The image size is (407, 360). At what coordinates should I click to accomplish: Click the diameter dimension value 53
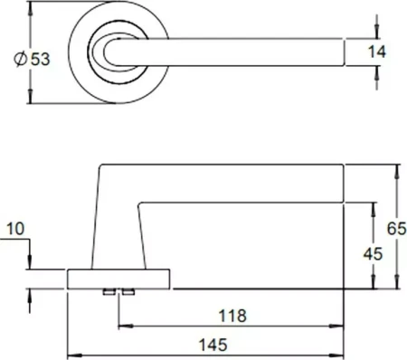click(x=41, y=59)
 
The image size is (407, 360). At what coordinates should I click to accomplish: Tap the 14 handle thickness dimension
click(x=377, y=52)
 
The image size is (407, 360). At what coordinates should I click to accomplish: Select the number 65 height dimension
click(x=397, y=229)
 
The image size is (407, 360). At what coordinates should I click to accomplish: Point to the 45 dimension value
click(x=373, y=254)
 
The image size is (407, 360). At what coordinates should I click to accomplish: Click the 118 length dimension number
click(x=232, y=316)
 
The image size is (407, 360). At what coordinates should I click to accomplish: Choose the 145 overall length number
click(x=213, y=345)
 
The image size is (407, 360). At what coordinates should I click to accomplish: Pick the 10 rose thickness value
click(x=15, y=229)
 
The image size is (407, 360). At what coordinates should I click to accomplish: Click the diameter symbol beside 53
click(x=21, y=59)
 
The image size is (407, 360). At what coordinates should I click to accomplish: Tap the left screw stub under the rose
click(x=109, y=291)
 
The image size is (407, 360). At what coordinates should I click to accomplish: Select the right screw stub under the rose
click(x=128, y=291)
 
